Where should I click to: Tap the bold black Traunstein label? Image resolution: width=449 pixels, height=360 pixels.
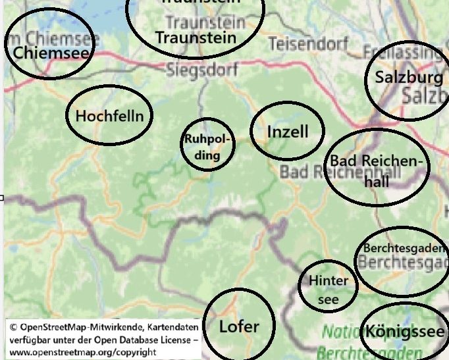pos(196,37)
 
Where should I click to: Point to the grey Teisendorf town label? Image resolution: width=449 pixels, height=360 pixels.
pos(308,44)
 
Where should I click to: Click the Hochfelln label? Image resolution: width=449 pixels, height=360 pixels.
pos(109,116)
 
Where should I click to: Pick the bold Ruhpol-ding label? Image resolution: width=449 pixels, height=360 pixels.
pos(207,147)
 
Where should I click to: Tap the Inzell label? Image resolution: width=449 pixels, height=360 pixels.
pos(288,132)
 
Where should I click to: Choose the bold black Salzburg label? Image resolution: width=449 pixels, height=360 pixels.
pos(409,78)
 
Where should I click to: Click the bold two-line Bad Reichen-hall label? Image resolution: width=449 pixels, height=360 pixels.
pos(377,170)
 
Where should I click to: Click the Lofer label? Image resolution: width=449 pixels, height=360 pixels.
pos(239,326)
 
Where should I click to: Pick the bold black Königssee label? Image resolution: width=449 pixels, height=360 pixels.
pos(405,331)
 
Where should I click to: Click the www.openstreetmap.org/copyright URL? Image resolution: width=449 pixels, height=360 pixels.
pos(82,352)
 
